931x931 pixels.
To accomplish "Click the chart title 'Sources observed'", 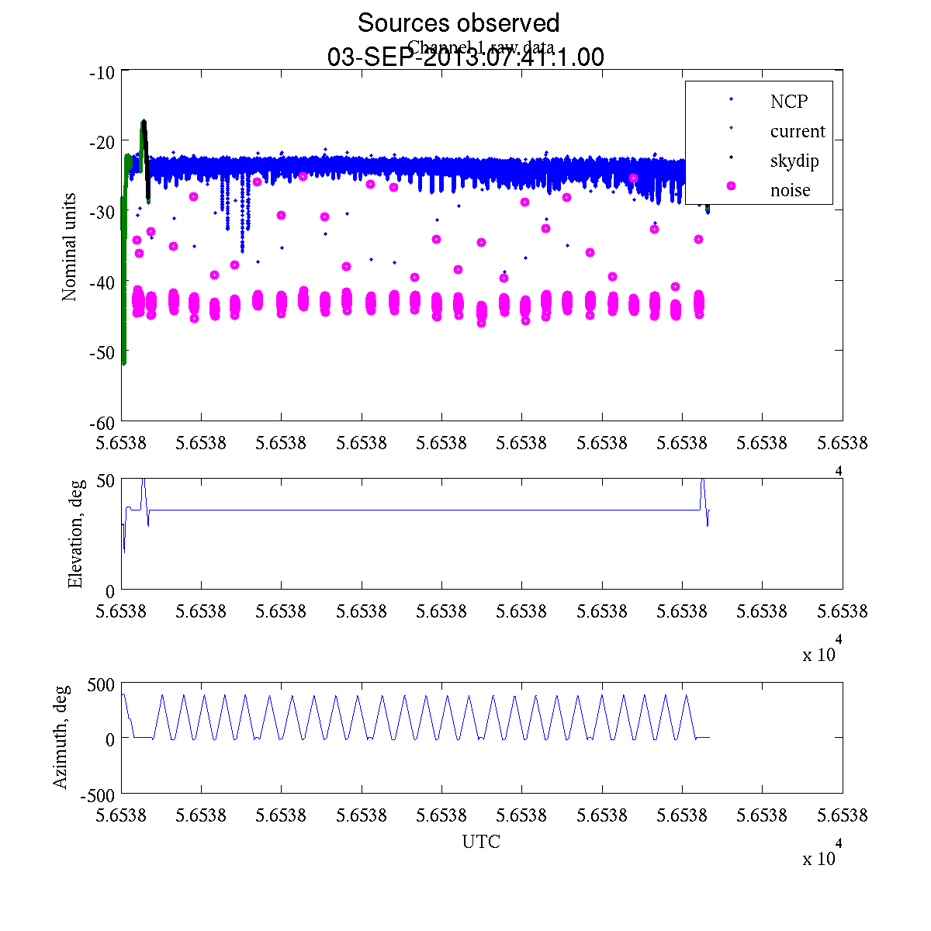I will coord(458,22).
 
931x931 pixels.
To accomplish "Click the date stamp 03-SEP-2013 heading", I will coord(465,57).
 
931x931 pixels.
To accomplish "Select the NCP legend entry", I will coord(789,101).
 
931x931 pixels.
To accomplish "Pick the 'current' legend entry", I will coord(798,131).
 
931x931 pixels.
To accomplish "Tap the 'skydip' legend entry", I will coord(794,161).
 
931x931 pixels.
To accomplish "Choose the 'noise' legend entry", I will coord(790,191).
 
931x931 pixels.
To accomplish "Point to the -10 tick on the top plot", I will coord(102,73).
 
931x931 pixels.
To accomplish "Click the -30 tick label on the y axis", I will coord(102,212).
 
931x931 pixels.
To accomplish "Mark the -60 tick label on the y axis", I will coord(102,423).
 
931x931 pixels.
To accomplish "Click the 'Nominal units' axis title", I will coord(70,247).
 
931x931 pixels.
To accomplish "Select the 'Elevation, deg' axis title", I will coord(75,535).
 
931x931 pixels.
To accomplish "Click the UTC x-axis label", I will coord(481,842).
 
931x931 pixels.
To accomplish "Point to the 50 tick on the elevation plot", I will coord(106,481).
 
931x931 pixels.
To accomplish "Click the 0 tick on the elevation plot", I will coord(110,591).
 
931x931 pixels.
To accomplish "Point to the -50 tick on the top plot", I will coord(102,352).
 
